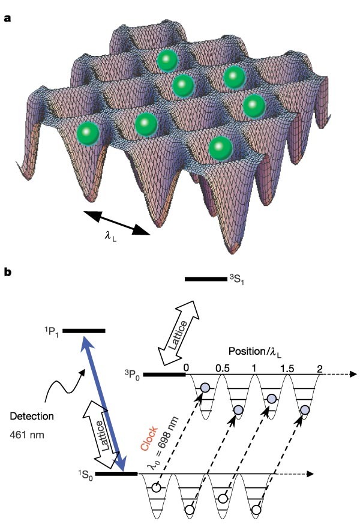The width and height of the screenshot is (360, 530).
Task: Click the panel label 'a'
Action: click(7, 18)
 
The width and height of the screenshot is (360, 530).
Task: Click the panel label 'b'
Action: click(7, 271)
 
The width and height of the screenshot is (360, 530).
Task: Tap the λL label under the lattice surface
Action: click(110, 236)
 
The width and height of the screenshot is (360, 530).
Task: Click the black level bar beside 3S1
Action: click(205, 279)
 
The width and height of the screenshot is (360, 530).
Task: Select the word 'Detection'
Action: click(32, 415)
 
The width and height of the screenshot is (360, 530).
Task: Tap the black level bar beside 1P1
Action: click(83, 330)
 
